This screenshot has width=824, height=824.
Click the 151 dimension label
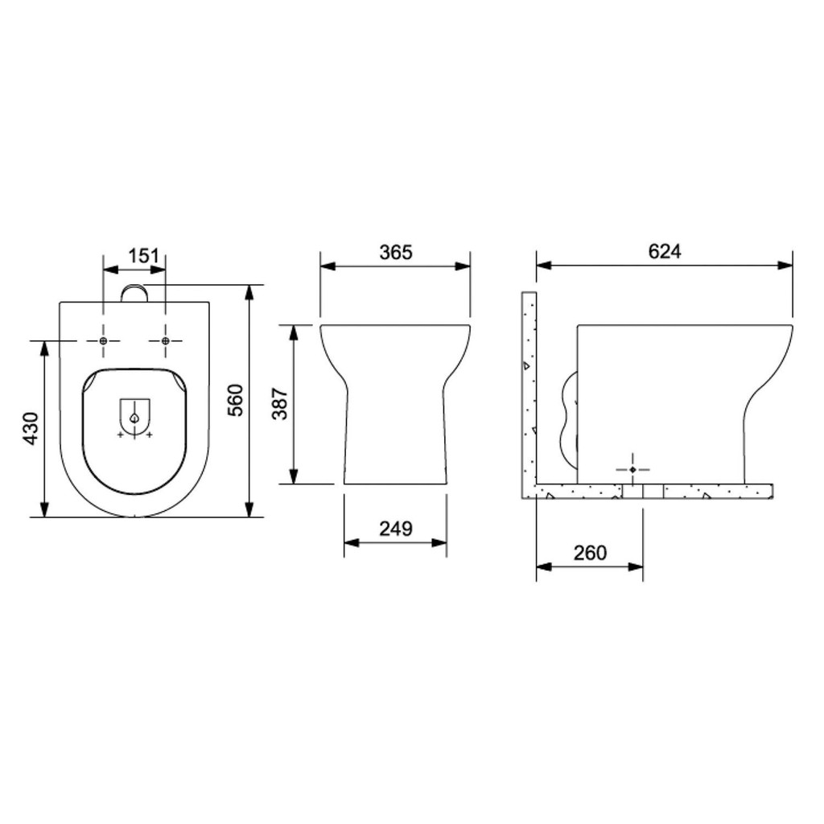[x=143, y=256]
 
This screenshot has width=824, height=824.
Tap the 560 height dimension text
[x=236, y=401]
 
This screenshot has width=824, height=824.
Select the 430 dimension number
[x=31, y=429]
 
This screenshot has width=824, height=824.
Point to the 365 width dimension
[x=396, y=252]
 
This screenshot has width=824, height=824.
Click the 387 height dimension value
[x=280, y=404]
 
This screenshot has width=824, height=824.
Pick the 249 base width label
[x=396, y=529]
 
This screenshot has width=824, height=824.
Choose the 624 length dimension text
[x=664, y=252]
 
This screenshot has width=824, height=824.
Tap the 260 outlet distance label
[x=590, y=553]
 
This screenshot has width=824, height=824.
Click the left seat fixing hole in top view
[x=103, y=341]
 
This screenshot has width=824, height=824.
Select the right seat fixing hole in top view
[x=166, y=341]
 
